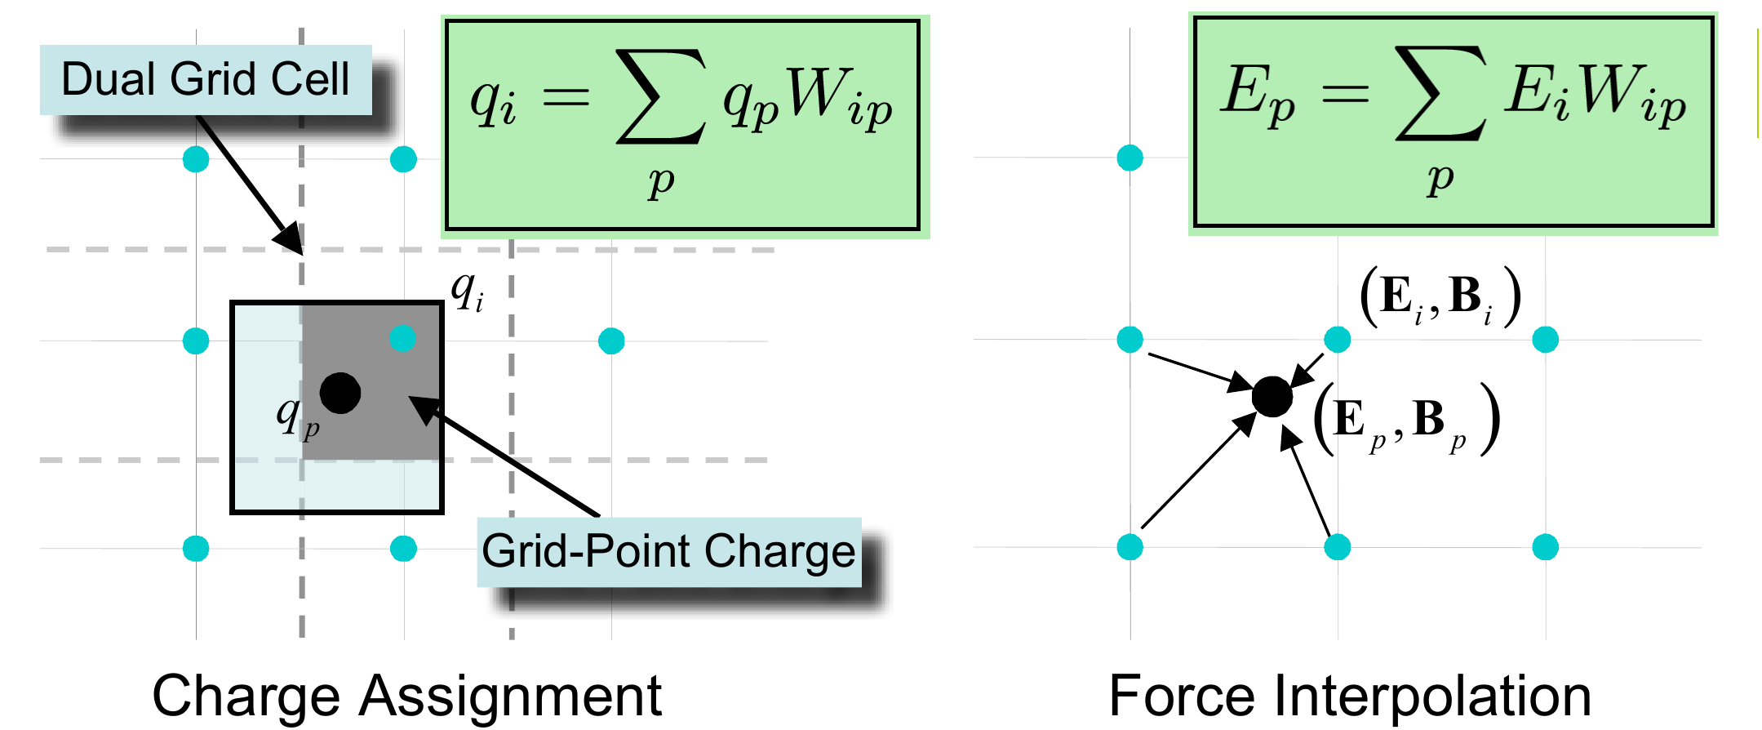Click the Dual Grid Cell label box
206,79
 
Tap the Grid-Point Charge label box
668,551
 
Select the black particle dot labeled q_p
340,393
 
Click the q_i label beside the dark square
467,291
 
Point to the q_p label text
296,416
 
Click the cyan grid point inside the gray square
402,337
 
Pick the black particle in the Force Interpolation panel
1272,397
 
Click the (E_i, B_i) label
1440,297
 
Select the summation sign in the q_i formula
660,96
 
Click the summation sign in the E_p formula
1440,93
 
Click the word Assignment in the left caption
511,696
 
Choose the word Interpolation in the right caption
1432,696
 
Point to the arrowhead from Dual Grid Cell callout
290,238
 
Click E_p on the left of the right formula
1256,94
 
